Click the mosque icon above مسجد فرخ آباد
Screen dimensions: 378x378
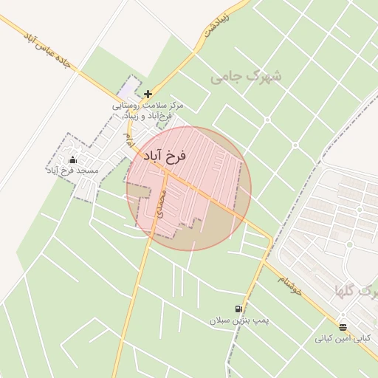[72, 159]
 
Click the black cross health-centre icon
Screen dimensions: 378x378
[148, 94]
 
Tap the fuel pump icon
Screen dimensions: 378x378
[238, 309]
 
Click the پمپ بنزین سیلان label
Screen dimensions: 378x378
[239, 321]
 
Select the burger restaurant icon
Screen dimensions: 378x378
[342, 326]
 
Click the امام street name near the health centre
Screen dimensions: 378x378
[129, 138]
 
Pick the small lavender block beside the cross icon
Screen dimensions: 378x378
[130, 89]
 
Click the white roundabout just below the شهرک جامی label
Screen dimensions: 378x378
[267, 120]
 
